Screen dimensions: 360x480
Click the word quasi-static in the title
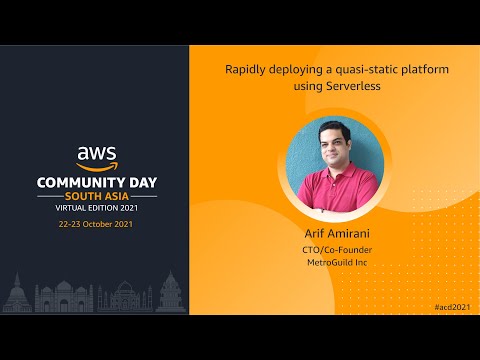tap(357, 71)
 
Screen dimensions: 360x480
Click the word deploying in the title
tap(295, 71)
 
